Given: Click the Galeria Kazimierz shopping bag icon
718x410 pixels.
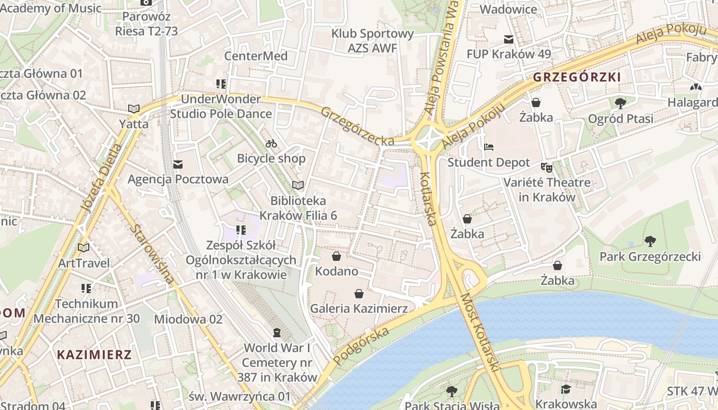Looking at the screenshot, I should point(359,294).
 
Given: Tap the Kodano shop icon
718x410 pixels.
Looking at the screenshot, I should point(336,256).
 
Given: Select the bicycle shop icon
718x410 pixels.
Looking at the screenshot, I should point(271,143).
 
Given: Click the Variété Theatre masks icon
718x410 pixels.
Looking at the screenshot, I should point(547,167).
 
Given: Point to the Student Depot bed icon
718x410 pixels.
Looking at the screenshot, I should point(489,147).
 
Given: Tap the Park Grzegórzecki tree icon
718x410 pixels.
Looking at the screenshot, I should point(650,241).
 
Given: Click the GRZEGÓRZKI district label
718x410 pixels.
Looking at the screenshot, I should point(576,77).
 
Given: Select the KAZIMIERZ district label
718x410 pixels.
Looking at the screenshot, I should point(94,354).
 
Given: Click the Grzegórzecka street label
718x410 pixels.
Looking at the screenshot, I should point(357,126).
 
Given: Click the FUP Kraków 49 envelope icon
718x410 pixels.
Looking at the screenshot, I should point(508,39).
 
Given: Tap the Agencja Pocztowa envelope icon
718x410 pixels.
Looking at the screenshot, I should point(178,165).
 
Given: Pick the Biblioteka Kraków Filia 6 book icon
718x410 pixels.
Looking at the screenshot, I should point(298,185).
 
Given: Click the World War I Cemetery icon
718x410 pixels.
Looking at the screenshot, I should point(277,333).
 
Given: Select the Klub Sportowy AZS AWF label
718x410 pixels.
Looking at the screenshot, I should point(372,41).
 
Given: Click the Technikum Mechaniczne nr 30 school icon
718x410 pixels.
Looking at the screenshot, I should point(86,289).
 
